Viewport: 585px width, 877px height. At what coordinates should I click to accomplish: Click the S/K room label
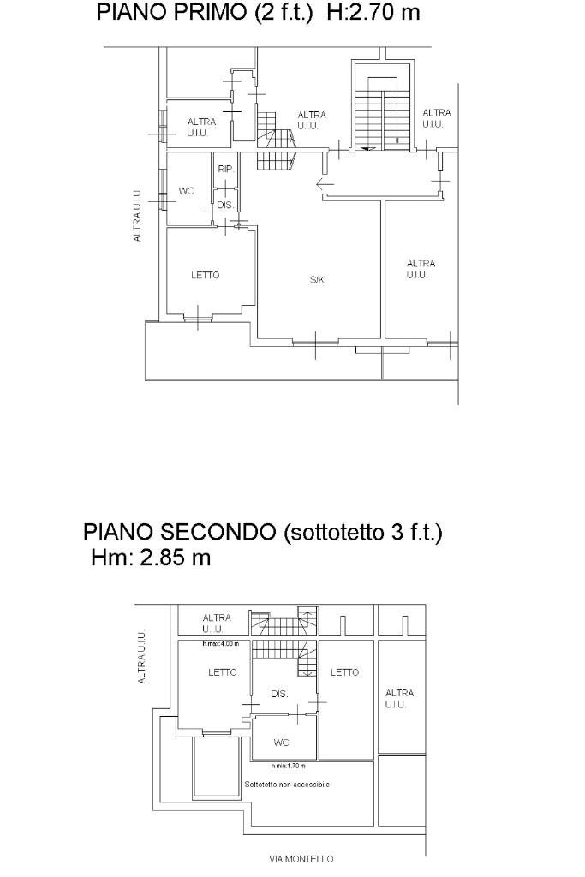coord(317,280)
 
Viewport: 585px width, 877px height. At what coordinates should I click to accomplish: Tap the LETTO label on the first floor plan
coord(205,275)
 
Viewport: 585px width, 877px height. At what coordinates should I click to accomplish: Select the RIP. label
coord(225,169)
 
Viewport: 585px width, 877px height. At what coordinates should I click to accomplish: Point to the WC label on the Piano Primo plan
coord(186,191)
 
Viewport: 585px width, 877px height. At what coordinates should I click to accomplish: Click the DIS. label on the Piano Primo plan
coord(225,206)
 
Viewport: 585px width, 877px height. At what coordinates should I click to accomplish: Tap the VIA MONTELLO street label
coord(301,858)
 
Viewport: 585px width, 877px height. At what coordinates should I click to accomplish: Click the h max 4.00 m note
coord(220,644)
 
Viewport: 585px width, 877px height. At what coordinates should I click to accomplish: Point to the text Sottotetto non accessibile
coord(287,784)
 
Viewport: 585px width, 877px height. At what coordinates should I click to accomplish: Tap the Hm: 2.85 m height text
coord(151,558)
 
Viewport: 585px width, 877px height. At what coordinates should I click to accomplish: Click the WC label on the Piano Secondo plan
coord(281,743)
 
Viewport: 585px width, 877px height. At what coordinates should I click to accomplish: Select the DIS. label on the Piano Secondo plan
coord(279,694)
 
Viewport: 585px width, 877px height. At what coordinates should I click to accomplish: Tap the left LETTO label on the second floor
coord(223,672)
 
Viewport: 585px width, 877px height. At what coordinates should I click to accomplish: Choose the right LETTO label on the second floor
coord(344,672)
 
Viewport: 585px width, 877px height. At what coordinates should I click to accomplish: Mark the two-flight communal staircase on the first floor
coord(382,110)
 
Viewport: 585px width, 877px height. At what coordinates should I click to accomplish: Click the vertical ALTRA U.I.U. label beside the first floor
coord(137,215)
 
